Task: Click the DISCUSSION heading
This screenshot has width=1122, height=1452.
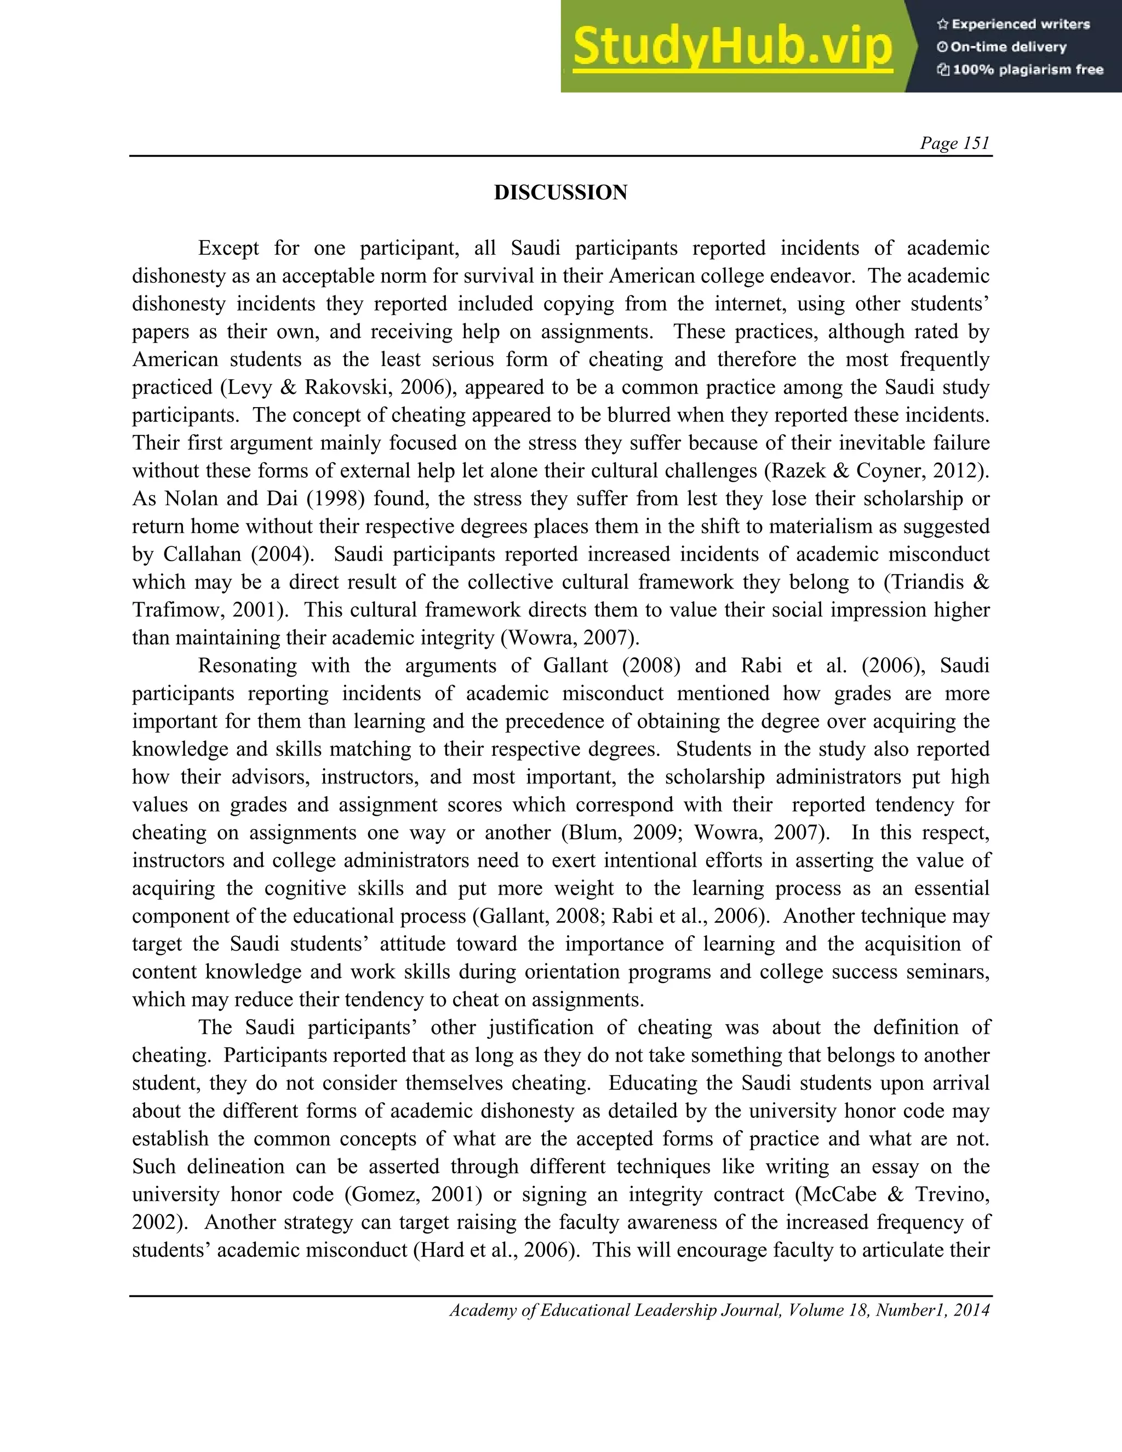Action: point(560,193)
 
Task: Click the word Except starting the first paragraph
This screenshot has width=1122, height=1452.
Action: point(228,249)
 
